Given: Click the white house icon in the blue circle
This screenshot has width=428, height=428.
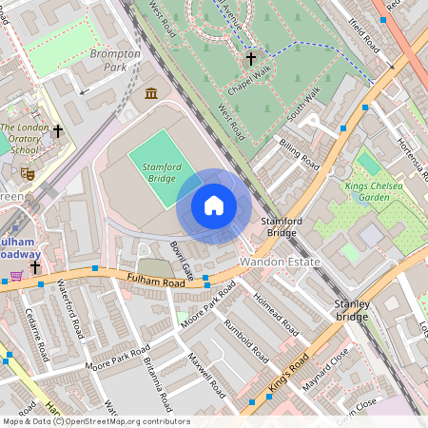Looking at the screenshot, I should click(213, 205).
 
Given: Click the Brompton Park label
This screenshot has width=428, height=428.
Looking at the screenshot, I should click(115, 60).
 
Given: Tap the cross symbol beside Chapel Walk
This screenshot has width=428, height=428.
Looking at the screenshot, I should click(251, 58).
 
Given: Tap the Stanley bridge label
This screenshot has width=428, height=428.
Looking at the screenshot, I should click(350, 309).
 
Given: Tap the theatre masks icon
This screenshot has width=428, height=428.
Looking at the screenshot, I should click(28, 174).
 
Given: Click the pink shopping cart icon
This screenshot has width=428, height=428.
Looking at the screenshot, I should click(15, 276).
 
